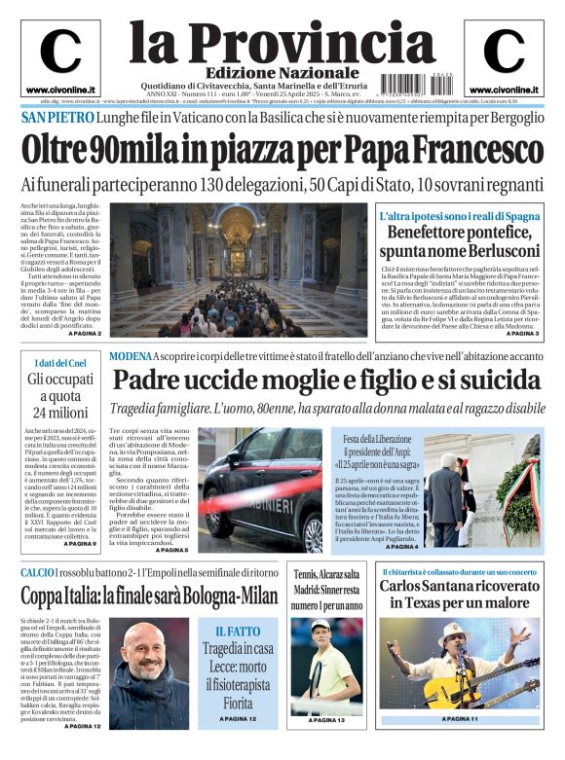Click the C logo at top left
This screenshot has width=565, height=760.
(x=60, y=52)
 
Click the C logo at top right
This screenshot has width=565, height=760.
(x=504, y=52)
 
